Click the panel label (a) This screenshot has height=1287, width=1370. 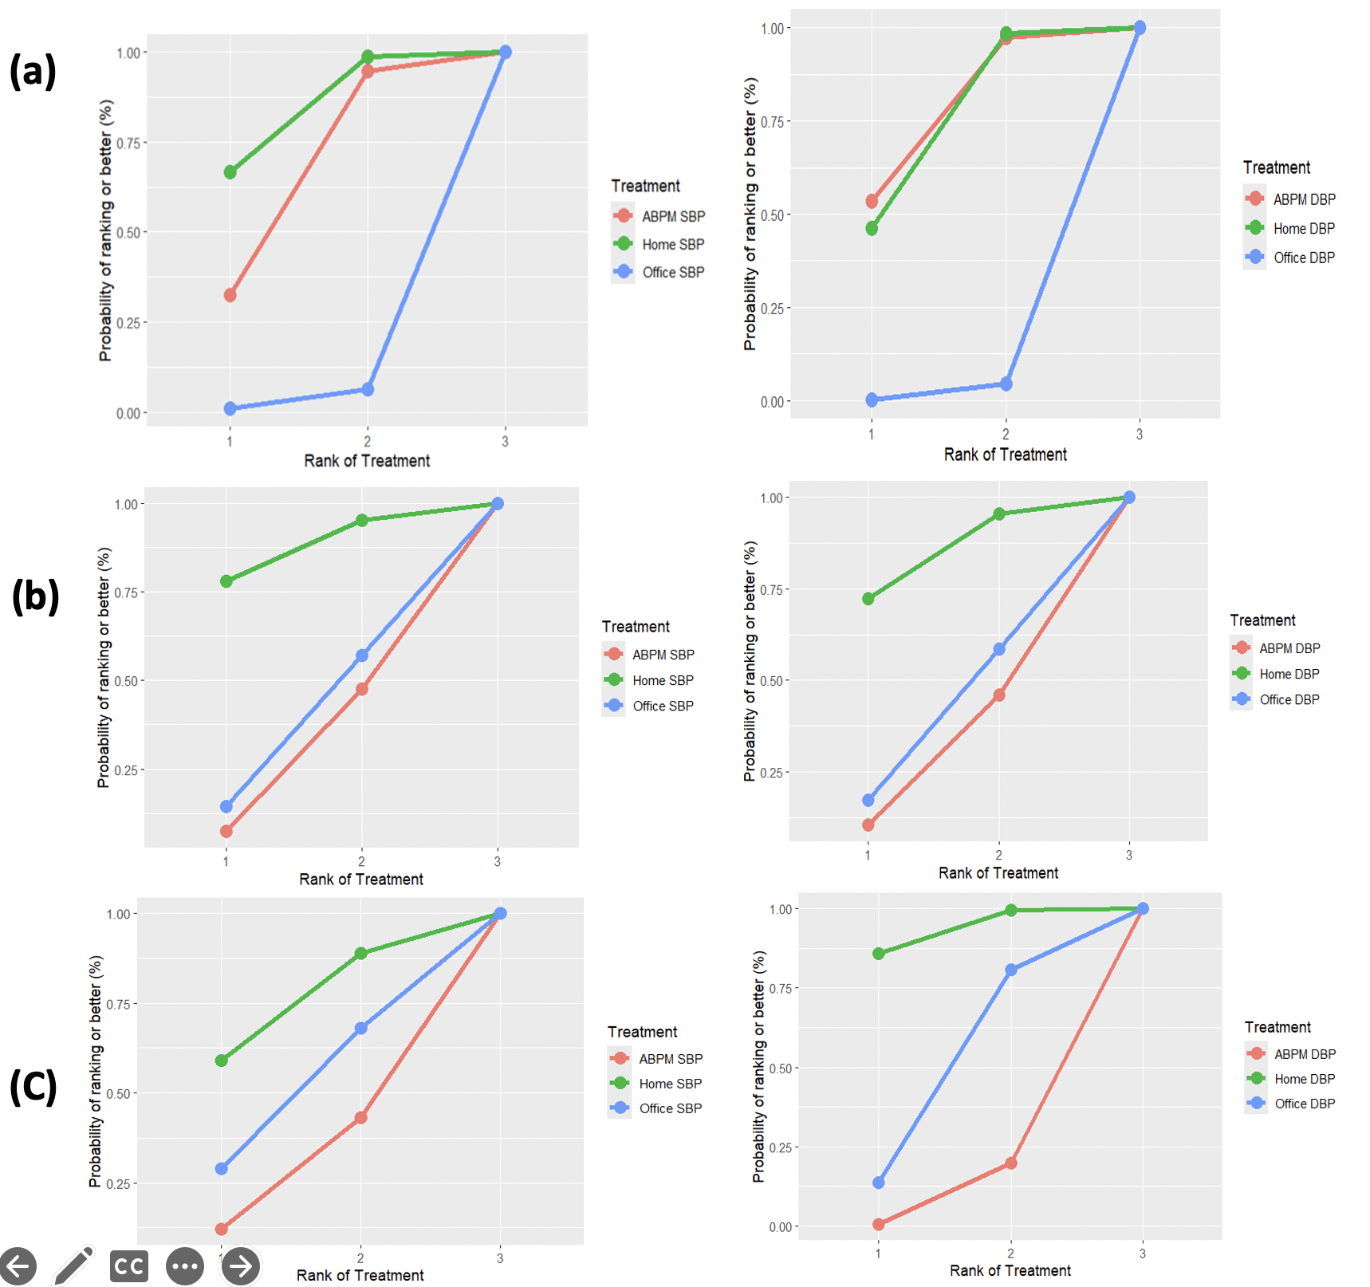click(x=33, y=70)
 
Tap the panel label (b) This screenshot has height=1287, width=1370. click(x=35, y=596)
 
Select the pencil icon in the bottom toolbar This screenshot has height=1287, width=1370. click(x=74, y=1265)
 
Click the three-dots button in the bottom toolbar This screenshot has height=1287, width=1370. click(x=185, y=1266)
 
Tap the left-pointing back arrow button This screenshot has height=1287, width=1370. click(x=18, y=1266)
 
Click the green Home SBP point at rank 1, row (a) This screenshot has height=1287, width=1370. click(x=230, y=172)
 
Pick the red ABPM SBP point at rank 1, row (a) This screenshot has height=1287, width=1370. click(x=230, y=295)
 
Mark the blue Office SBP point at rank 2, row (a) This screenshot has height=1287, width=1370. click(x=368, y=389)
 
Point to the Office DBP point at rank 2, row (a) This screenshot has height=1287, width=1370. click(x=1006, y=384)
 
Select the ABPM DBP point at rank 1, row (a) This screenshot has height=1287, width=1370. click(x=872, y=201)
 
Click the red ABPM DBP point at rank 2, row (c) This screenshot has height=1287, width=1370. click(x=1011, y=1163)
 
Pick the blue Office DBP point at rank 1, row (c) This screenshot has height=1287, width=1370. click(x=879, y=1183)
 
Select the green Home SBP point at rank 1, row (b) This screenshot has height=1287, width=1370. click(x=226, y=581)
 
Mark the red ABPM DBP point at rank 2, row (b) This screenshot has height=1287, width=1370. click(x=999, y=695)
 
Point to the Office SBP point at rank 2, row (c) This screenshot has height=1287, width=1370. click(x=361, y=1029)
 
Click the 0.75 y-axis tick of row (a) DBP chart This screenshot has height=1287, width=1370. click(x=772, y=122)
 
